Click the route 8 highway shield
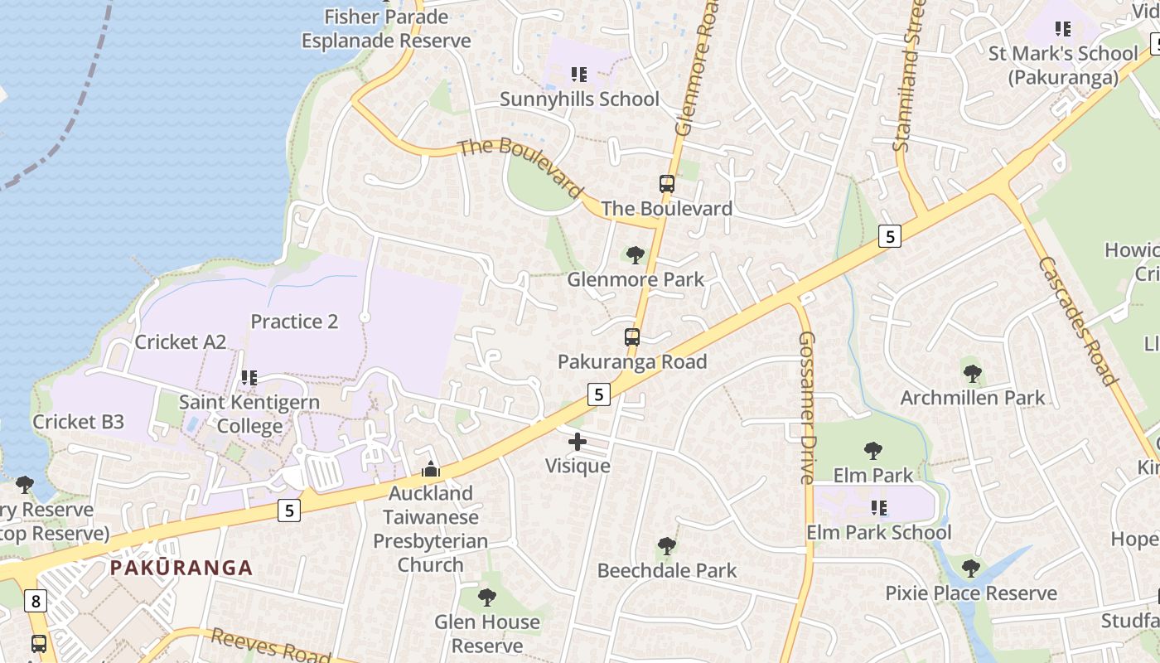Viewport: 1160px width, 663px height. click(x=35, y=601)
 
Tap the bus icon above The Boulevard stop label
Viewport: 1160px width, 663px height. click(x=667, y=183)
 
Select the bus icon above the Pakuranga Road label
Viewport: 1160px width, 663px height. click(x=632, y=337)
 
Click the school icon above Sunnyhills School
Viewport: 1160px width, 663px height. click(x=578, y=75)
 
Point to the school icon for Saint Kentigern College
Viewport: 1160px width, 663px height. click(x=249, y=378)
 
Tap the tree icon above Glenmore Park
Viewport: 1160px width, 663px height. click(x=636, y=254)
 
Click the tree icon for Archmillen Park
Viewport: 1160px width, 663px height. click(x=973, y=373)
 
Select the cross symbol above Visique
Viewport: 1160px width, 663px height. click(x=578, y=442)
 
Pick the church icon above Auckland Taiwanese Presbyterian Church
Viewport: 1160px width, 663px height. click(x=430, y=470)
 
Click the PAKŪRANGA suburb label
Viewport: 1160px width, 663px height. click(x=181, y=568)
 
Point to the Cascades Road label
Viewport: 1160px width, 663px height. click(x=1078, y=321)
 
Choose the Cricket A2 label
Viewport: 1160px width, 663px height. click(x=180, y=341)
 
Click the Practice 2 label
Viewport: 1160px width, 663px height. click(x=294, y=322)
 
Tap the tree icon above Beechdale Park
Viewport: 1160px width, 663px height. click(x=666, y=546)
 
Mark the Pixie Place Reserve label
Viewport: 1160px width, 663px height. click(x=971, y=593)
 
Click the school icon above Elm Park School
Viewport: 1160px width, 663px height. click(x=879, y=507)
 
